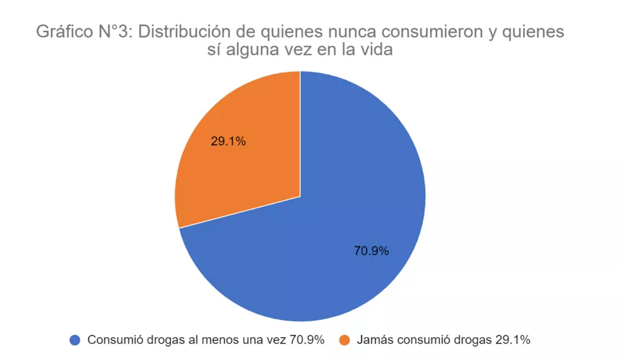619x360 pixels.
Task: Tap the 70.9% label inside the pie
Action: coord(371,251)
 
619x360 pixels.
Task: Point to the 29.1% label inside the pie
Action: coord(228,141)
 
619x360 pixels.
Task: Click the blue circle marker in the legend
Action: coord(76,340)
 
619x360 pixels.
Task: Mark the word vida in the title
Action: coord(378,51)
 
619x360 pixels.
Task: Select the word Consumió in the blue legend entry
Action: coord(112,340)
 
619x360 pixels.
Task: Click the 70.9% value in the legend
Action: coord(303,340)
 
